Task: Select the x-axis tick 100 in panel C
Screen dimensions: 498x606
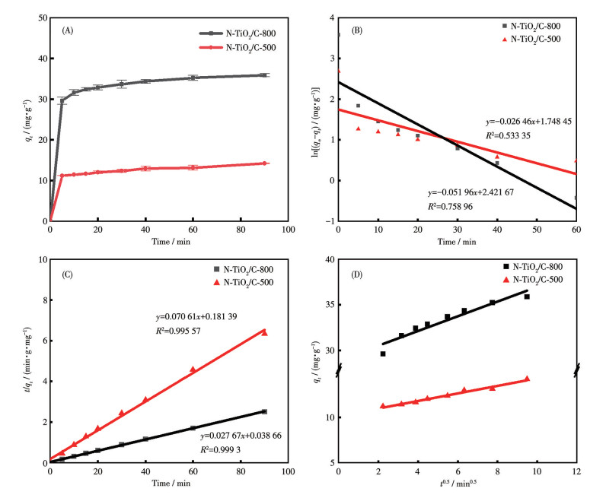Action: click(287, 471)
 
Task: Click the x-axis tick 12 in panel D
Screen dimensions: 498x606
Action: click(576, 471)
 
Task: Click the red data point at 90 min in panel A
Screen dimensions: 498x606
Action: click(264, 163)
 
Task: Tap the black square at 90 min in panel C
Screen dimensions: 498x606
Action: click(264, 411)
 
